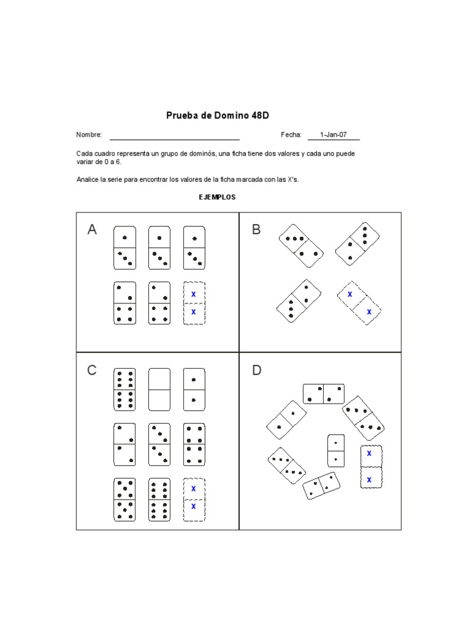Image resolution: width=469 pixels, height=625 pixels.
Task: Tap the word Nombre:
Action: (x=89, y=135)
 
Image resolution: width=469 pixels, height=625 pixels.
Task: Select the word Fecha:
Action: (x=291, y=135)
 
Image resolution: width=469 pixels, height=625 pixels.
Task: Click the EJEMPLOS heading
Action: (x=217, y=197)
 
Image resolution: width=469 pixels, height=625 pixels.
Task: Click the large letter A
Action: (x=92, y=230)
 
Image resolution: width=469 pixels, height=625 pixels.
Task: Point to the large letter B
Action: (x=256, y=229)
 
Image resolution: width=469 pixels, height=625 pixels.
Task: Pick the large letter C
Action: (x=92, y=370)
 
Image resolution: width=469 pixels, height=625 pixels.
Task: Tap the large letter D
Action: (x=256, y=370)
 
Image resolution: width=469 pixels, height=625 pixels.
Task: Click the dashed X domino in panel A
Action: (x=194, y=303)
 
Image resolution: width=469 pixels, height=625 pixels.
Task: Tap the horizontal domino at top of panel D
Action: (x=323, y=394)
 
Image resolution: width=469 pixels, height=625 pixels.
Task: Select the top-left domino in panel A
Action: (x=125, y=248)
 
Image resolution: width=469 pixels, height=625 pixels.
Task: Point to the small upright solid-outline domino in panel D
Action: (x=336, y=450)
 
